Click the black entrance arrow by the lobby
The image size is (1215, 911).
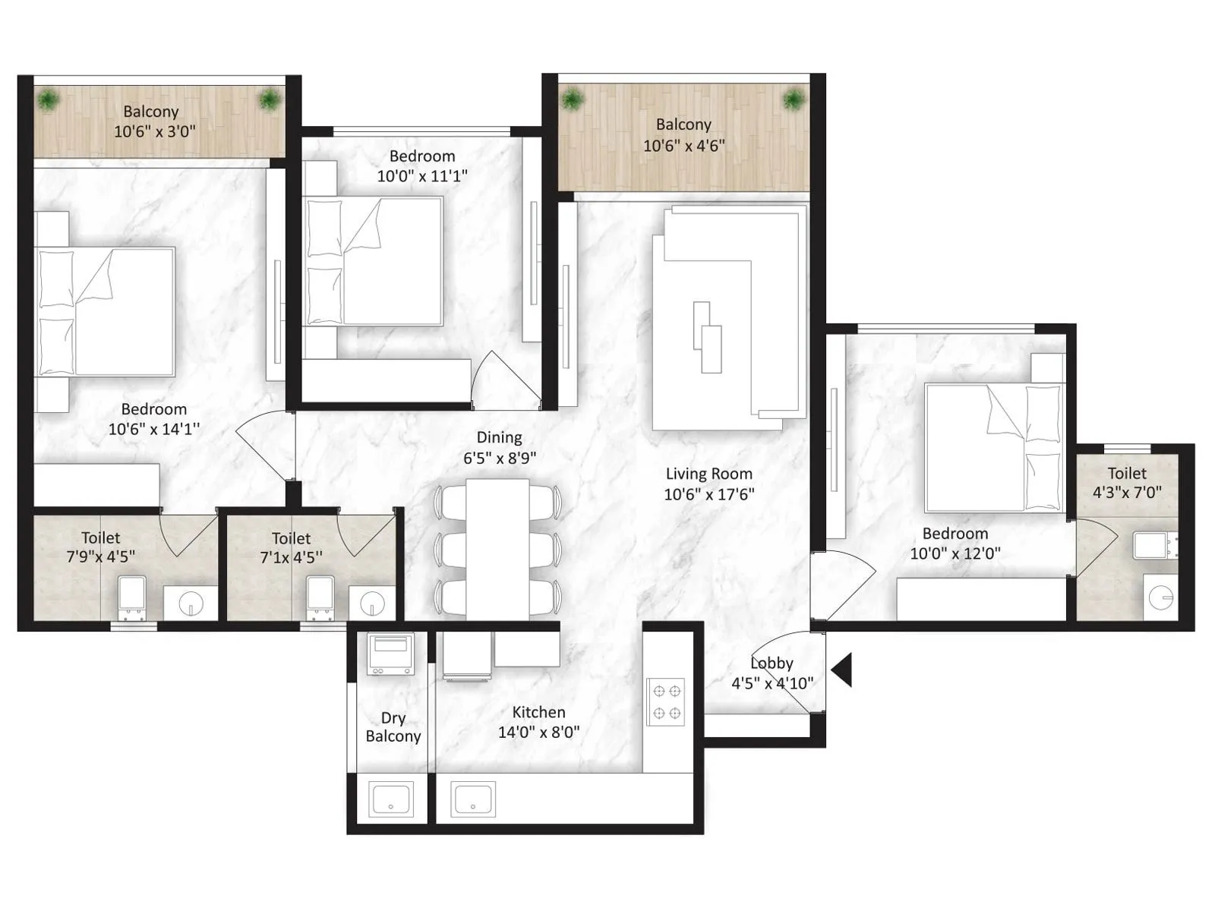pyautogui.click(x=842, y=670)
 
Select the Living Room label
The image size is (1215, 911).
pyautogui.click(x=708, y=474)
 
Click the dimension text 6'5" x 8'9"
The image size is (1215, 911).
pyautogui.click(x=500, y=458)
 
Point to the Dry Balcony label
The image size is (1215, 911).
pyautogui.click(x=393, y=727)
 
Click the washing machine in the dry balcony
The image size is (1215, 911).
pyautogui.click(x=390, y=654)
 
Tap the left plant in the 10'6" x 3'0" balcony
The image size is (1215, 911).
pyautogui.click(x=49, y=99)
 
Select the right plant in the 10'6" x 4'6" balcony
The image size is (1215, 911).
pyautogui.click(x=794, y=99)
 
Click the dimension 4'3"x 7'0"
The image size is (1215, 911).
pyautogui.click(x=1127, y=493)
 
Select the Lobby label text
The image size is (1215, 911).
pyautogui.click(x=772, y=663)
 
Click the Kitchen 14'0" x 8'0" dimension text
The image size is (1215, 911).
pyautogui.click(x=538, y=733)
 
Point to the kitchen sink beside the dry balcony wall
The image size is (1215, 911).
pyautogui.click(x=472, y=799)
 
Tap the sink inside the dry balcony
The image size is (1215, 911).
pyautogui.click(x=391, y=799)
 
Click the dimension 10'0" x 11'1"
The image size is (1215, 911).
pyautogui.click(x=422, y=176)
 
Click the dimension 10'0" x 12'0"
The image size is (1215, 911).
pyautogui.click(x=955, y=553)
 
